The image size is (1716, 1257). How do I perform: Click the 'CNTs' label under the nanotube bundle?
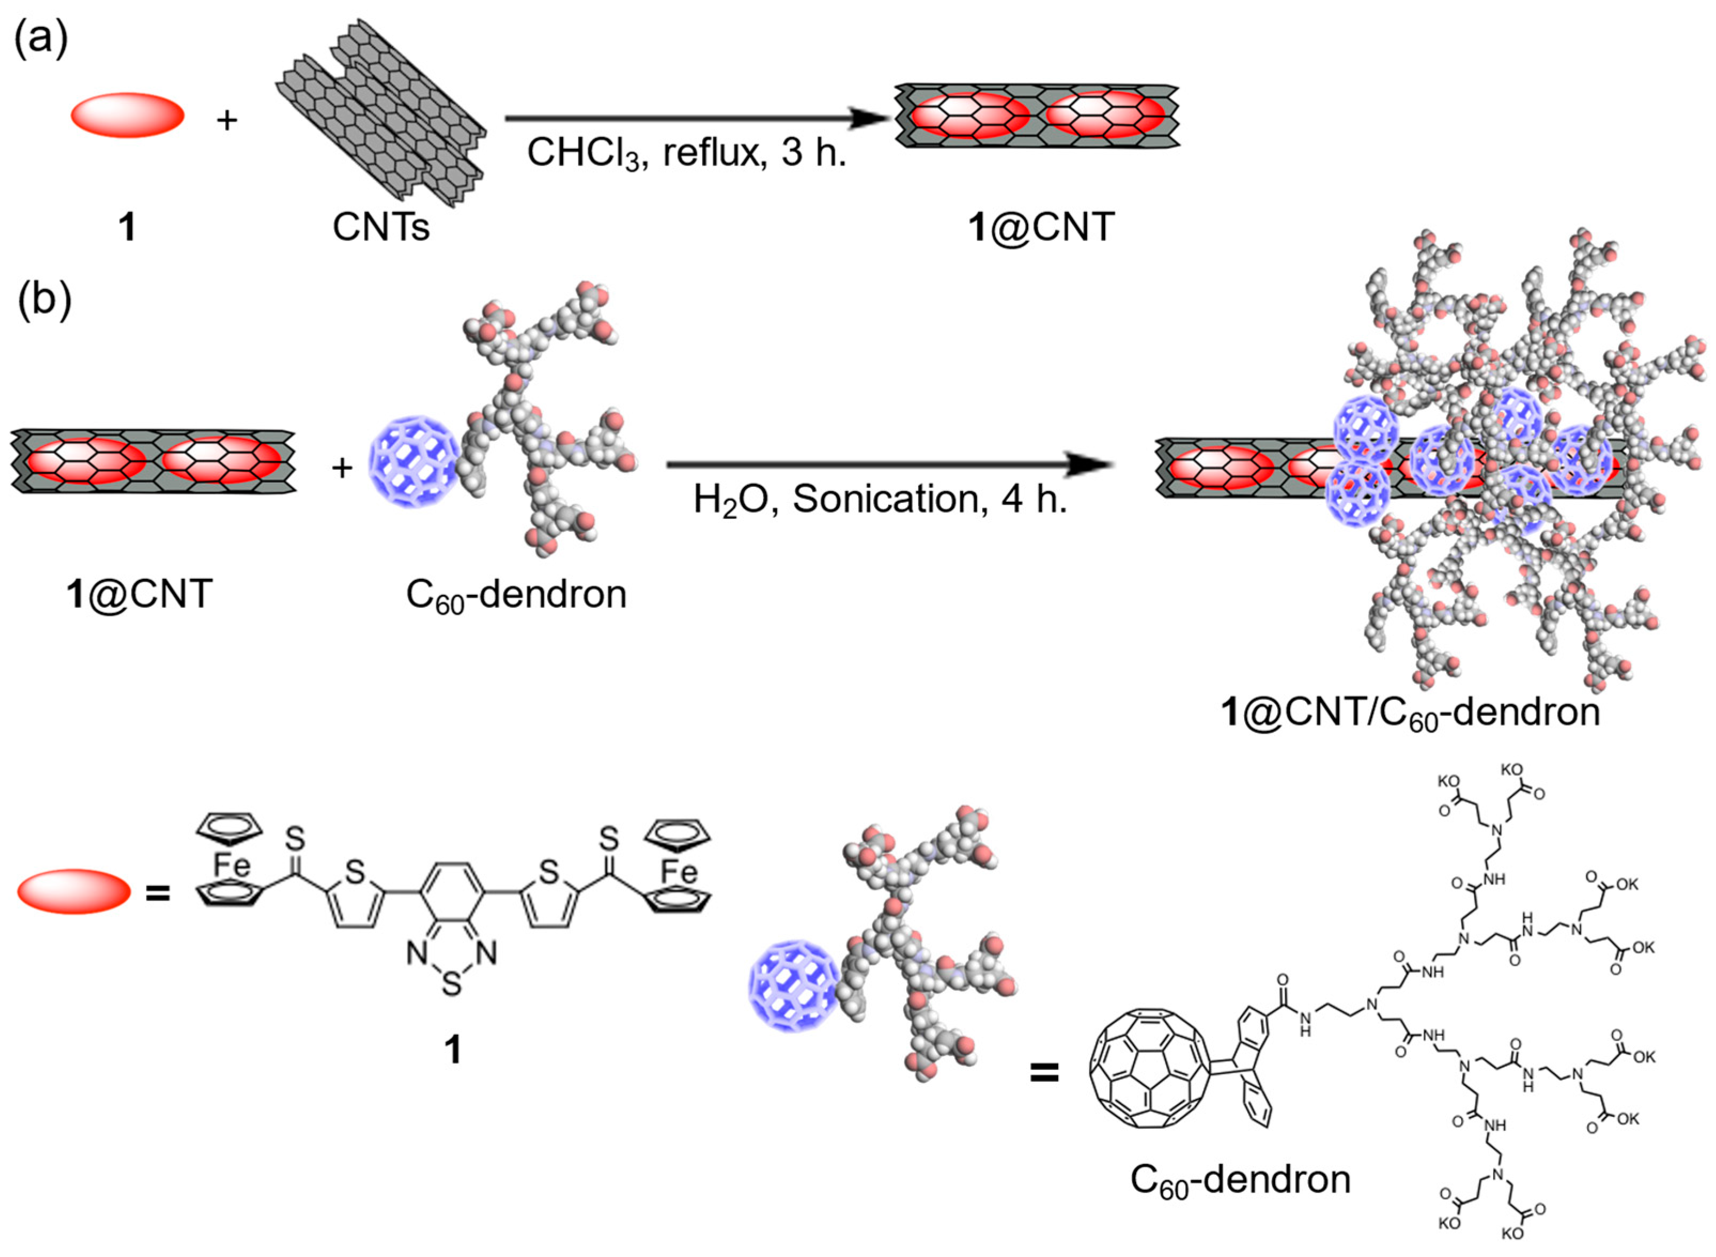click(381, 226)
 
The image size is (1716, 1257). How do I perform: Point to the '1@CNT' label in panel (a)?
click(1042, 226)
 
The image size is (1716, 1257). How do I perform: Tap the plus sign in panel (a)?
click(227, 120)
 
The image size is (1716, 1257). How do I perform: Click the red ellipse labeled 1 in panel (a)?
click(128, 115)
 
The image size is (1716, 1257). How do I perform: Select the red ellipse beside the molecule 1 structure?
click(74, 890)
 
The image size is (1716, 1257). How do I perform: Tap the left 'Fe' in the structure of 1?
click(231, 865)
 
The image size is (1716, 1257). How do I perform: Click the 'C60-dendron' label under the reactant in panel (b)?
click(516, 594)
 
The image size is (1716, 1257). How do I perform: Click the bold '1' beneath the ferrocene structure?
click(453, 1050)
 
